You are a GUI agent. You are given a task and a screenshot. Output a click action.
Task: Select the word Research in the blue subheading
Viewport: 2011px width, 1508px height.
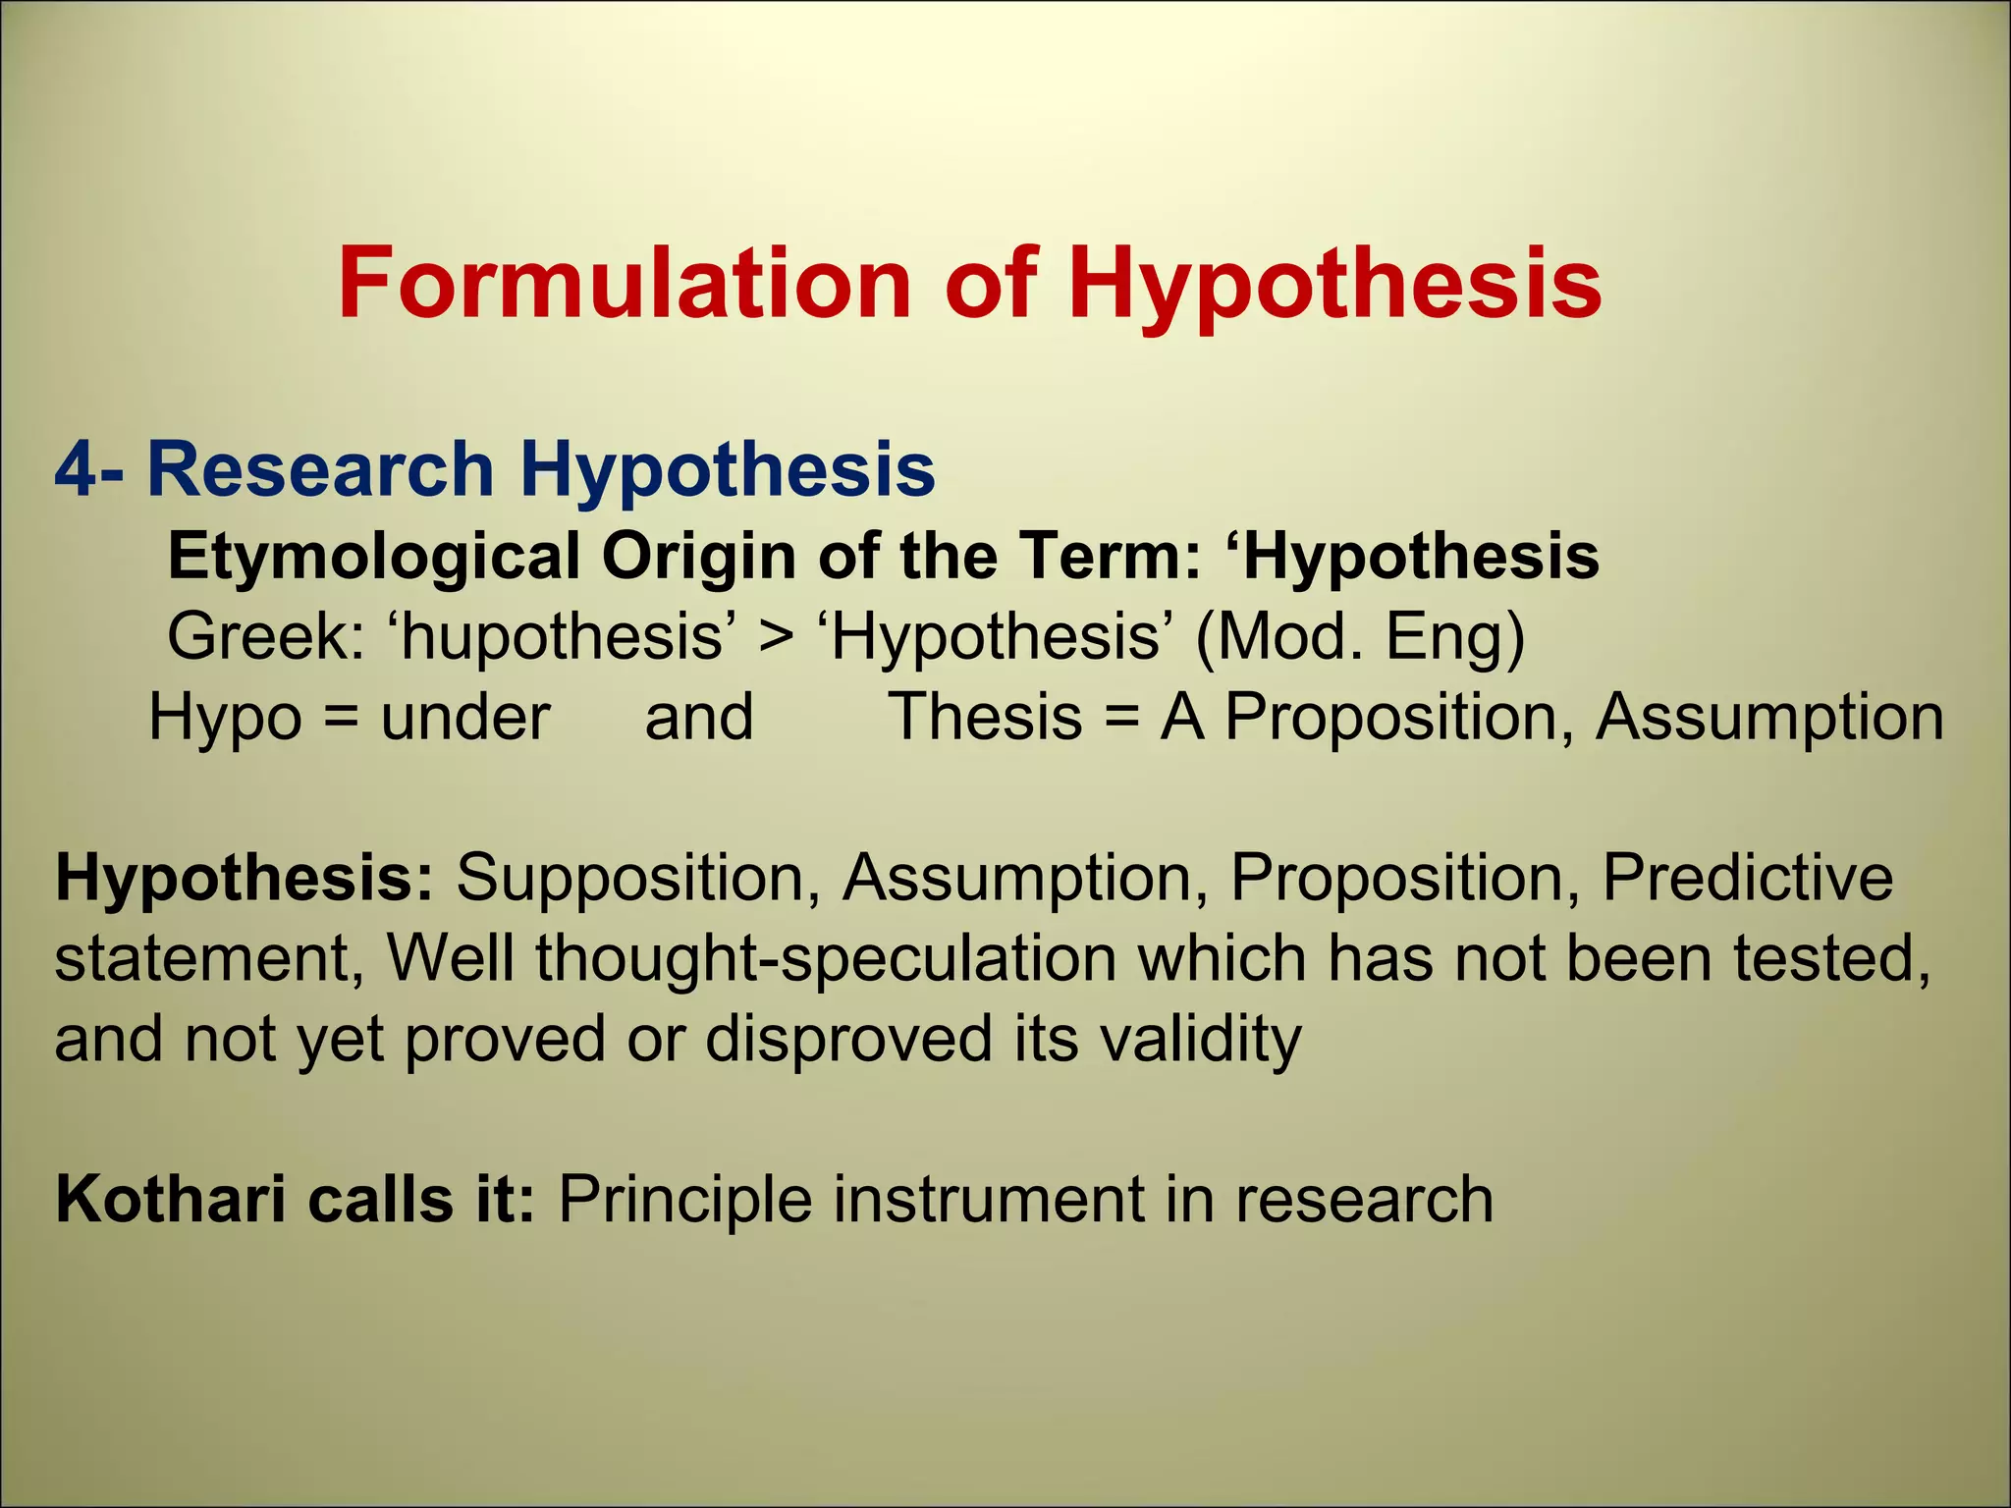coord(319,469)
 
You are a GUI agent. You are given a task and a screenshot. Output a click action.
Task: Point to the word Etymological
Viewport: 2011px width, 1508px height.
coord(373,557)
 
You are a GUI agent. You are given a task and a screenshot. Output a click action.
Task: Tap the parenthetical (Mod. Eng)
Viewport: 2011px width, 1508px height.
coord(1360,637)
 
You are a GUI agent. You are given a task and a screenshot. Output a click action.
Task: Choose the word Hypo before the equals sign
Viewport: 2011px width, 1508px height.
coord(225,718)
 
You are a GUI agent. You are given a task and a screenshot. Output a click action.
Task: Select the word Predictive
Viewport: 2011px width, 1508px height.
coord(1747,877)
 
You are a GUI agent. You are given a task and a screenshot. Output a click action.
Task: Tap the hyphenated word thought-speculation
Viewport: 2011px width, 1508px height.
coord(825,957)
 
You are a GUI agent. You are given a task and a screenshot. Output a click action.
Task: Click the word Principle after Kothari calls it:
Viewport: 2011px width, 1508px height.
coord(684,1199)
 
